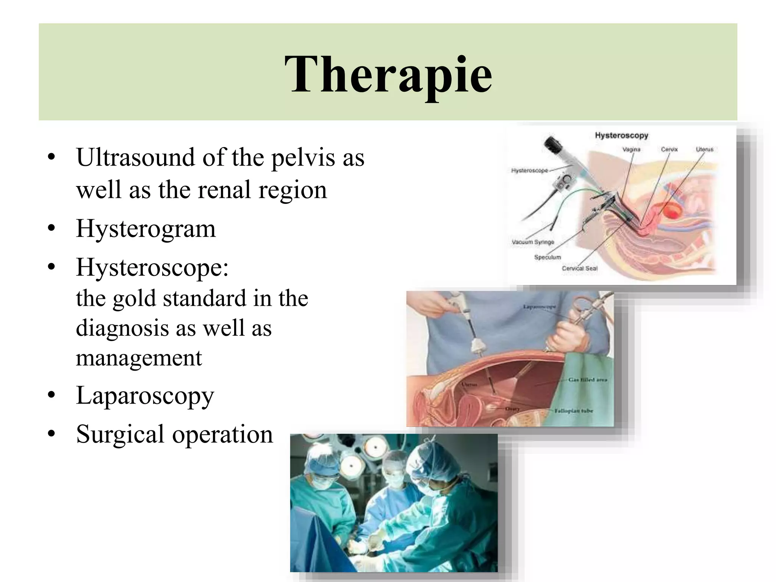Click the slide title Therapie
[x=388, y=74]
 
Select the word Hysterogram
[x=146, y=229]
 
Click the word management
[x=139, y=358]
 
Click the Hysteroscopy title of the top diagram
[x=621, y=135]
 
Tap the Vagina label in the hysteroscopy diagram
[x=631, y=150]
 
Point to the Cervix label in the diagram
[x=669, y=150]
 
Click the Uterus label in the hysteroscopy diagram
[x=704, y=150]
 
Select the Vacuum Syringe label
[x=533, y=242]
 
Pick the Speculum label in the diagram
[x=547, y=257]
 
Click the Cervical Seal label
[x=579, y=269]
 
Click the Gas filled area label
[x=588, y=379]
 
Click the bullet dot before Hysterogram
[x=52, y=230]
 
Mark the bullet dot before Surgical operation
[x=52, y=434]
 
